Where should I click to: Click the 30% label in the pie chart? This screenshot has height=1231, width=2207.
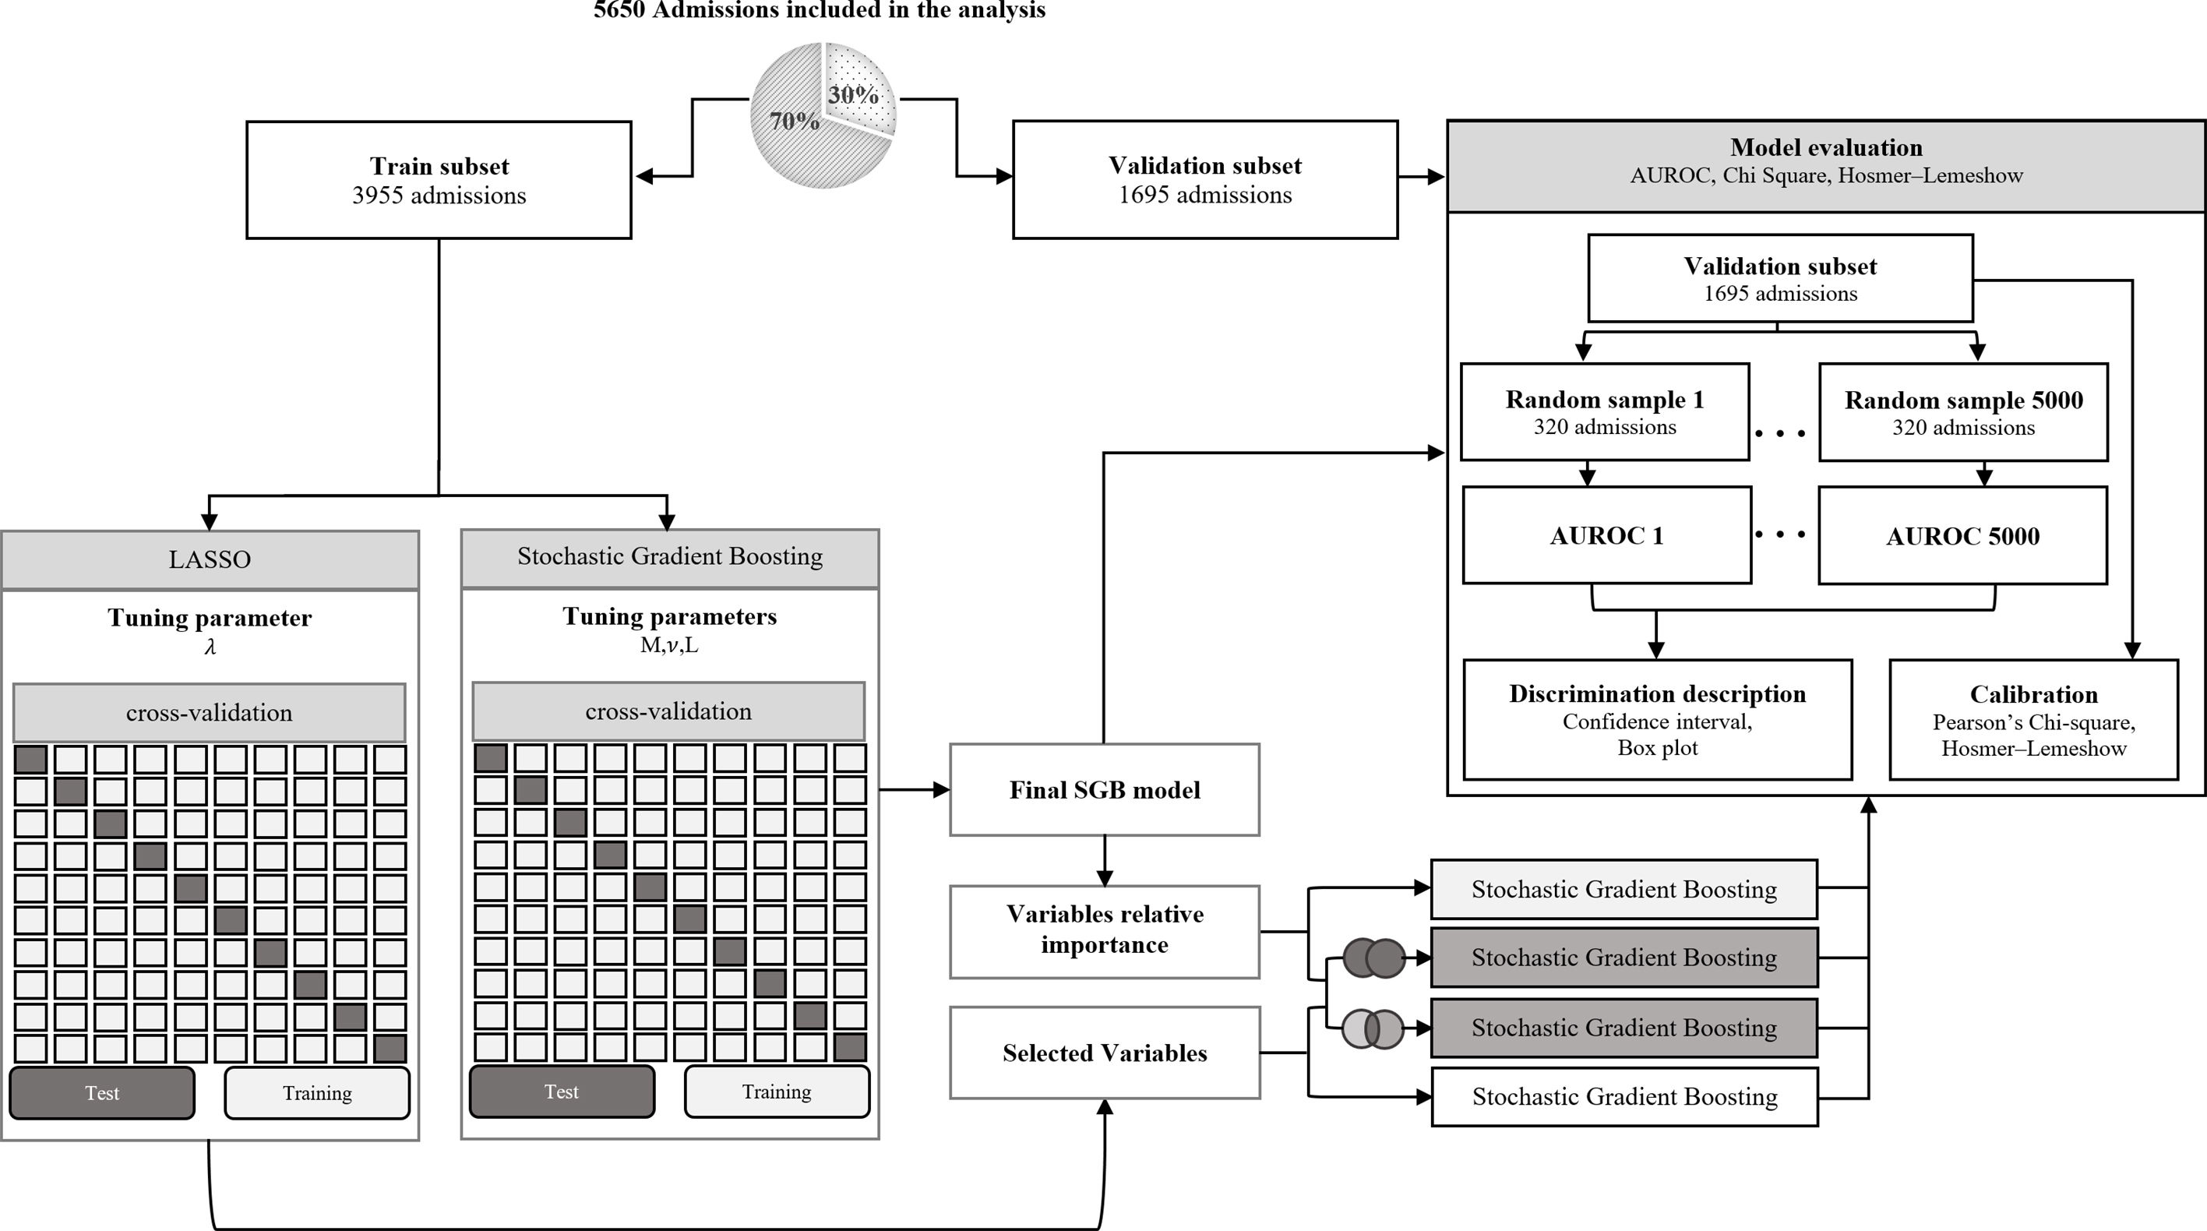pos(853,95)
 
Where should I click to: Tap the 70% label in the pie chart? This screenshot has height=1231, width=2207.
pos(794,122)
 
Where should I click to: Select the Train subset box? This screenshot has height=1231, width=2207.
pos(439,180)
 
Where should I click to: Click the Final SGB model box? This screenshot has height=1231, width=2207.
pos(1105,790)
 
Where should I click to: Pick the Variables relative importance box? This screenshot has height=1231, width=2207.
pos(1105,930)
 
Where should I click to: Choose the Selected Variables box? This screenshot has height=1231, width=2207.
pos(1105,1053)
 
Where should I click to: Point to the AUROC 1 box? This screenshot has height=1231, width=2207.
pos(1606,536)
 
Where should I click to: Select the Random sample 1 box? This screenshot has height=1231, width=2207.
pos(1604,412)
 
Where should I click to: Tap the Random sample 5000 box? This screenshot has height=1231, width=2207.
pos(1963,412)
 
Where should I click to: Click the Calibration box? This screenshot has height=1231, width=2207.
pos(2033,720)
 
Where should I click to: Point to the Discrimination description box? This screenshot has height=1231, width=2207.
pos(1657,720)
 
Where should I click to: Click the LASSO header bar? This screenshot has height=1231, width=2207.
pos(210,559)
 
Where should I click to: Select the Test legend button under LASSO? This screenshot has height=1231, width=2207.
pos(102,1093)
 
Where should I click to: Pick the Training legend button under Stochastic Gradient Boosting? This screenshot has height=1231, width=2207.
pos(776,1092)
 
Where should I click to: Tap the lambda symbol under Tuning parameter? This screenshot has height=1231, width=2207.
pos(210,647)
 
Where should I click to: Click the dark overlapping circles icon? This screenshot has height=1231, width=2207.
pos(1373,958)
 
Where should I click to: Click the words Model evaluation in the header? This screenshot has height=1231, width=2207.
pos(1826,147)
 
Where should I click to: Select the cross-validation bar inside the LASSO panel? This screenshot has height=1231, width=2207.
pos(209,713)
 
